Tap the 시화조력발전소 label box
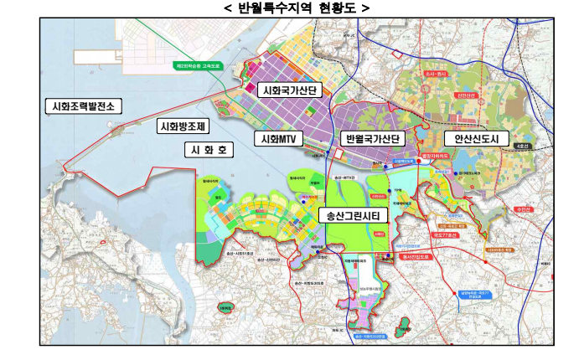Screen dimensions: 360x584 83,106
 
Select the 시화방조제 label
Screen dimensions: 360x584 182,126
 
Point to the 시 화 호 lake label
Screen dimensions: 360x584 209,150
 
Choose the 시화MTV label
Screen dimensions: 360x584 276,138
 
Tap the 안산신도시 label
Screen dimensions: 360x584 476,138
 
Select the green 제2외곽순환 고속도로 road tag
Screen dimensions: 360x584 197,65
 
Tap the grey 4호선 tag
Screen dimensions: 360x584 523,147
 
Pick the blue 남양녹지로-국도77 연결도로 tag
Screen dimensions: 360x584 478,294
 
